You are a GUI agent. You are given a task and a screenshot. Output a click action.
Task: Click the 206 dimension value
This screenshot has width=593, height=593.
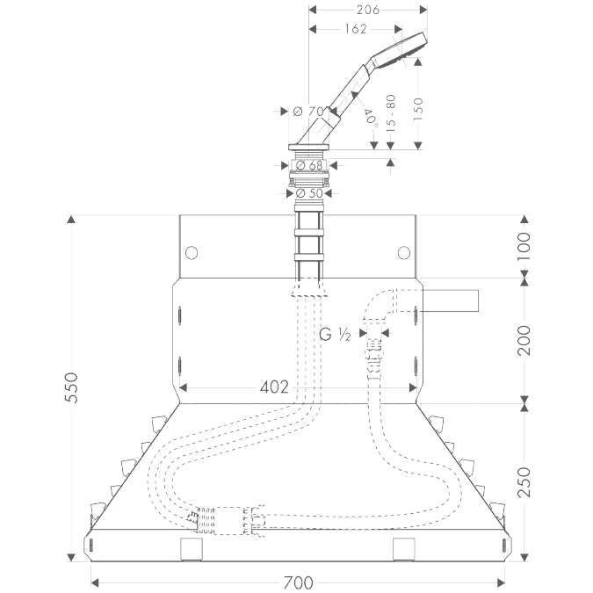pos(367,10)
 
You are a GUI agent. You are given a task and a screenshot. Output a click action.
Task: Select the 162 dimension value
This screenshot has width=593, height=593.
pos(356,29)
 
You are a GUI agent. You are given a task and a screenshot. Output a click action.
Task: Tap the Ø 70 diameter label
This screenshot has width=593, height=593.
pos(309,112)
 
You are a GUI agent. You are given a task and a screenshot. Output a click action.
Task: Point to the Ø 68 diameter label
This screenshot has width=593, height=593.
pos(309,165)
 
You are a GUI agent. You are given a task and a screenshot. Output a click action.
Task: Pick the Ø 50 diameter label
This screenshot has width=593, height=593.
pos(309,193)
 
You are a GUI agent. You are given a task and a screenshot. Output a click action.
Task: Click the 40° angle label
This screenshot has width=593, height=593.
pos(372,116)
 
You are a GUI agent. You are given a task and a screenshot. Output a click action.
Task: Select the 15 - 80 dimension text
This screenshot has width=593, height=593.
pos(391,113)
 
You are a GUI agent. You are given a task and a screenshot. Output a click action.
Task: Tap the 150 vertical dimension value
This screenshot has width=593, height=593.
pos(418,109)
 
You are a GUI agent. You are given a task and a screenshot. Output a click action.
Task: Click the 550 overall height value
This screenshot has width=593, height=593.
pos(71,387)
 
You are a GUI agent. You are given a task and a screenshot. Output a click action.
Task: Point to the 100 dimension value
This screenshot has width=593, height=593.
pos(524,246)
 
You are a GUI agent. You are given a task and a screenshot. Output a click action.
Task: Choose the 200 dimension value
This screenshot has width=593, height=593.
pos(524,340)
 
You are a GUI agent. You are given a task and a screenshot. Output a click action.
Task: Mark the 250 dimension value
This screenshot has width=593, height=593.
pos(524,482)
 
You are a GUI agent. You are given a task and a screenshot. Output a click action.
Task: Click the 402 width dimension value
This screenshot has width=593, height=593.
pos(274,387)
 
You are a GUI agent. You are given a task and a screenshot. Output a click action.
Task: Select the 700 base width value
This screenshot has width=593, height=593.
pos(299,582)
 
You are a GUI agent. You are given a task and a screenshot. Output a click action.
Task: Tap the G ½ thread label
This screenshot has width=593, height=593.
pos(335,335)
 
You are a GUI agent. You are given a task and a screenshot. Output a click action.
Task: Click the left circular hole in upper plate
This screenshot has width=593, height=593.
pos(192,252)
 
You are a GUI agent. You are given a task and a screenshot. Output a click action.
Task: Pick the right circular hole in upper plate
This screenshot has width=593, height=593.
pos(404,252)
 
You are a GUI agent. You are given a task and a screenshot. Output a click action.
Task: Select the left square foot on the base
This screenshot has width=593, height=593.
pos(192,549)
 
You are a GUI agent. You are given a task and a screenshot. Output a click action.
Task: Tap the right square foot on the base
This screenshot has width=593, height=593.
pos(404,549)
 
